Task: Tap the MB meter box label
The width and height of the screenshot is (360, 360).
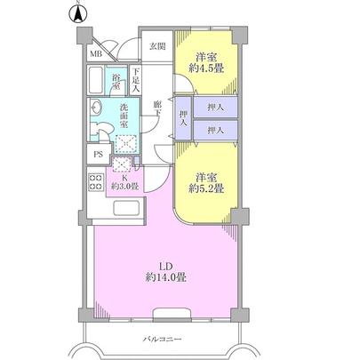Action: coord(95,53)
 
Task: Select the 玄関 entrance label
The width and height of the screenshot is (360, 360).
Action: coord(156,45)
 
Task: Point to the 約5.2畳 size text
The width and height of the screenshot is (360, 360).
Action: coord(204,188)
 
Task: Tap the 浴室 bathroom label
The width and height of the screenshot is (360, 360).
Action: coord(116,82)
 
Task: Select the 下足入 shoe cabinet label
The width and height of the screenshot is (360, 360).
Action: coord(136,82)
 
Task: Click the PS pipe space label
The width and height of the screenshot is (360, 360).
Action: coord(96,152)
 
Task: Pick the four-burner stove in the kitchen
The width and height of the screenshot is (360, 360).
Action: coord(95,183)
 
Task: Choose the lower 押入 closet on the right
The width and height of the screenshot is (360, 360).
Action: coord(214,130)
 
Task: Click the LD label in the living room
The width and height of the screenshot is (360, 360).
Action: coord(164,265)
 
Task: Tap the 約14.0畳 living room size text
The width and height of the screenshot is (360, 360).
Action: coord(164,278)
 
